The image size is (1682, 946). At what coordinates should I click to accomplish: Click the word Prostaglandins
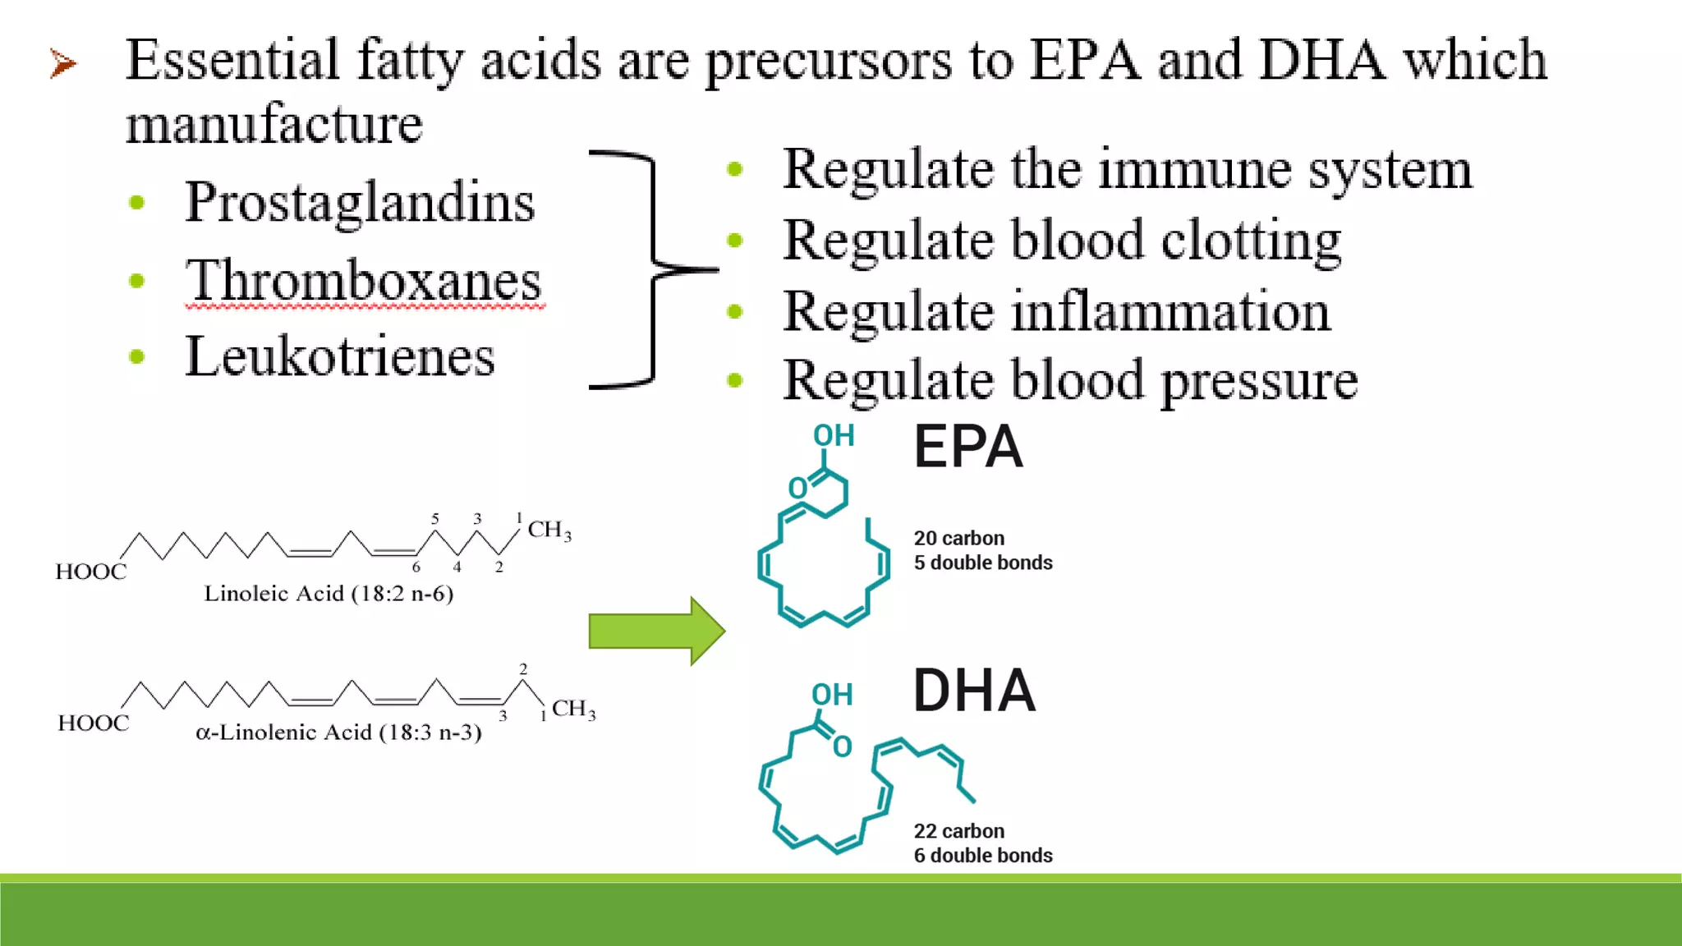[360, 202]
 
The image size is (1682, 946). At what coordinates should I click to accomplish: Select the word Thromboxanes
[363, 281]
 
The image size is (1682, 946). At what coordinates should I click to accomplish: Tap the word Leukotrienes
[340, 357]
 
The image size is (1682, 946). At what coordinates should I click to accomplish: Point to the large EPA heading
[968, 448]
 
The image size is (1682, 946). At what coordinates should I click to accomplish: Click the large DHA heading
[974, 691]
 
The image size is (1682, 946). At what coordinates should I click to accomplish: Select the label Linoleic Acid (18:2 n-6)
[329, 594]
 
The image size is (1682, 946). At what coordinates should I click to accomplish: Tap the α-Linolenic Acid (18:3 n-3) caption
[338, 732]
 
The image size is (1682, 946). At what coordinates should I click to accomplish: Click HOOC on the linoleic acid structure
[91, 572]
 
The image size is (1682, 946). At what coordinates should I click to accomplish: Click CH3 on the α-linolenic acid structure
[573, 709]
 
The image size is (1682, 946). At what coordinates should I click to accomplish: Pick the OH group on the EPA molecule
[834, 436]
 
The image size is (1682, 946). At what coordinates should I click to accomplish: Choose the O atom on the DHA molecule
[843, 747]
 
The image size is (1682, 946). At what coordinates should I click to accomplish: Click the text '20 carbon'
[958, 539]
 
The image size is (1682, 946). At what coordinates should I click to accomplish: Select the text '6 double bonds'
[983, 856]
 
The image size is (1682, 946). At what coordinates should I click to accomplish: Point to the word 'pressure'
[1259, 381]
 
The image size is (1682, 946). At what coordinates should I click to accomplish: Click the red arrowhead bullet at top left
[63, 63]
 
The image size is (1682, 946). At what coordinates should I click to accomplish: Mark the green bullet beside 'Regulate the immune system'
[735, 170]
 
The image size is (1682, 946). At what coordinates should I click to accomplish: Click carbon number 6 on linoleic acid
[416, 567]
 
